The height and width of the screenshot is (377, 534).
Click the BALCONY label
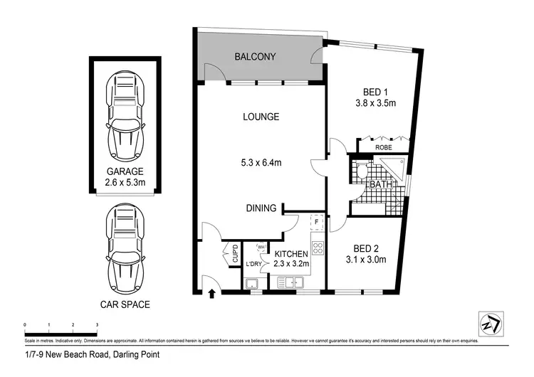click(255, 56)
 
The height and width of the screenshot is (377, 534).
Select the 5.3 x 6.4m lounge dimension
click(260, 163)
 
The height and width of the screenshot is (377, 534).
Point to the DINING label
click(261, 208)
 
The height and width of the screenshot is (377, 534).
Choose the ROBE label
click(384, 148)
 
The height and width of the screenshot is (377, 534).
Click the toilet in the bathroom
click(361, 170)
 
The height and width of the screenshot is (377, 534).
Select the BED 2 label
click(365, 248)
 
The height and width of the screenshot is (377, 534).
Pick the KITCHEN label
click(292, 253)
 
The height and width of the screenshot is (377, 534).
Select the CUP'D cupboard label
click(234, 255)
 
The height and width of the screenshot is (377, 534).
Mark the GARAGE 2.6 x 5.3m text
click(125, 176)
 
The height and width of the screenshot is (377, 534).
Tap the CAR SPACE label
click(125, 305)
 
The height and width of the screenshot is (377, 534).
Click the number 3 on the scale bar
click(97, 324)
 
